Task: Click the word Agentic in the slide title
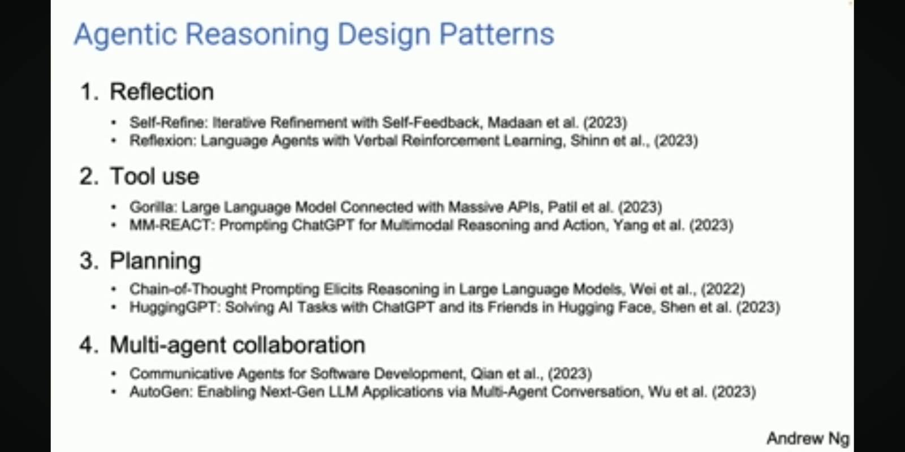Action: [126, 34]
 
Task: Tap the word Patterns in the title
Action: [497, 34]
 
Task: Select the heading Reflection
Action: [162, 92]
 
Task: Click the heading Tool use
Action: [154, 176]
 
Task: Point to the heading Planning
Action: [155, 262]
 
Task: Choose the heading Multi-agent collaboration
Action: [238, 345]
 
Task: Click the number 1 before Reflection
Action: [87, 92]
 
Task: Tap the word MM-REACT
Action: [172, 225]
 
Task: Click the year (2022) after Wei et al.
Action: [723, 289]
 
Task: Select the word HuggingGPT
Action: [175, 307]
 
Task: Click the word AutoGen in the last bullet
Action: [161, 392]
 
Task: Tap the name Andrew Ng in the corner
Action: [808, 438]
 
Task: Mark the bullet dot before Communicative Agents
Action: [114, 373]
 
